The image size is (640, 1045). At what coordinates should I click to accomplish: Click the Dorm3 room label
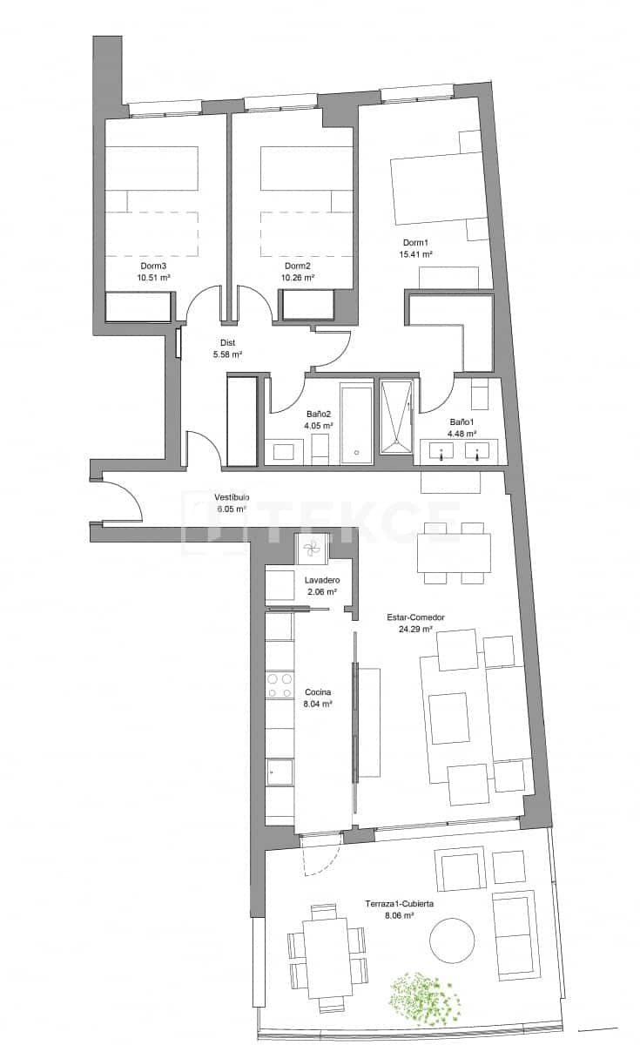click(153, 266)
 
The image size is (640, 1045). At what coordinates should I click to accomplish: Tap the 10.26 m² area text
click(297, 278)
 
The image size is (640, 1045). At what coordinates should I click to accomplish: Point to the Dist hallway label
click(226, 342)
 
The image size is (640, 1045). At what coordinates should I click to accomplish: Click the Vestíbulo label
click(232, 496)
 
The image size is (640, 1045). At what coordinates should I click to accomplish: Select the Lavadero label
click(321, 580)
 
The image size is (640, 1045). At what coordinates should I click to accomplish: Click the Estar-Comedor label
click(415, 617)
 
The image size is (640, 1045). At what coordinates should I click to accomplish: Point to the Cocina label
click(317, 691)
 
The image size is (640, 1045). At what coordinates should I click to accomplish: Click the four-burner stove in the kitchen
click(279, 685)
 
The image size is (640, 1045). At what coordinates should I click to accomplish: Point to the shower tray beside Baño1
click(398, 417)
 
